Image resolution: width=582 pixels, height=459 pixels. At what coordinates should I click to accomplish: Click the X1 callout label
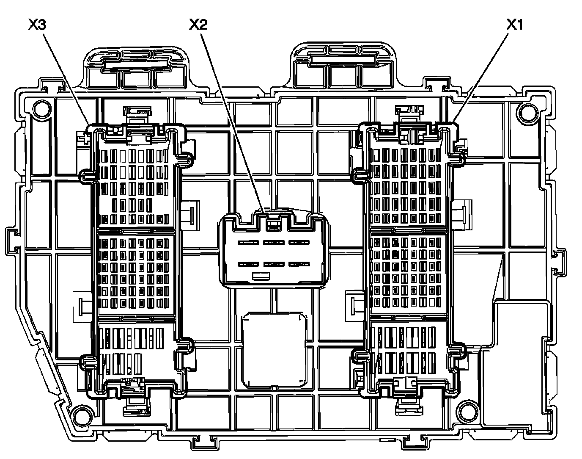(515, 25)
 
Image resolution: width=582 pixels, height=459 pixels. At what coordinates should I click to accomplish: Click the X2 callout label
(198, 25)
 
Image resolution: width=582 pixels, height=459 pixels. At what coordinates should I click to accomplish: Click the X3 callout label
(37, 25)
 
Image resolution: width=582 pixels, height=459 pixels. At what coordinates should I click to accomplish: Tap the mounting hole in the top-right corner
(527, 111)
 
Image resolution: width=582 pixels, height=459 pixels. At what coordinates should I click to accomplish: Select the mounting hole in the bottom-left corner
(79, 413)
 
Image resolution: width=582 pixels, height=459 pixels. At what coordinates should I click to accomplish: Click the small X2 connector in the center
(273, 249)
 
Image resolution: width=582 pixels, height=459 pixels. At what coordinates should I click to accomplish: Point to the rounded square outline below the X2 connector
(274, 350)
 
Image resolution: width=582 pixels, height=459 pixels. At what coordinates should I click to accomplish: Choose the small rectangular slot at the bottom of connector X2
(261, 277)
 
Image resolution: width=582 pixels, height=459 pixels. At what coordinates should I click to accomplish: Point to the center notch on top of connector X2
(273, 221)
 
